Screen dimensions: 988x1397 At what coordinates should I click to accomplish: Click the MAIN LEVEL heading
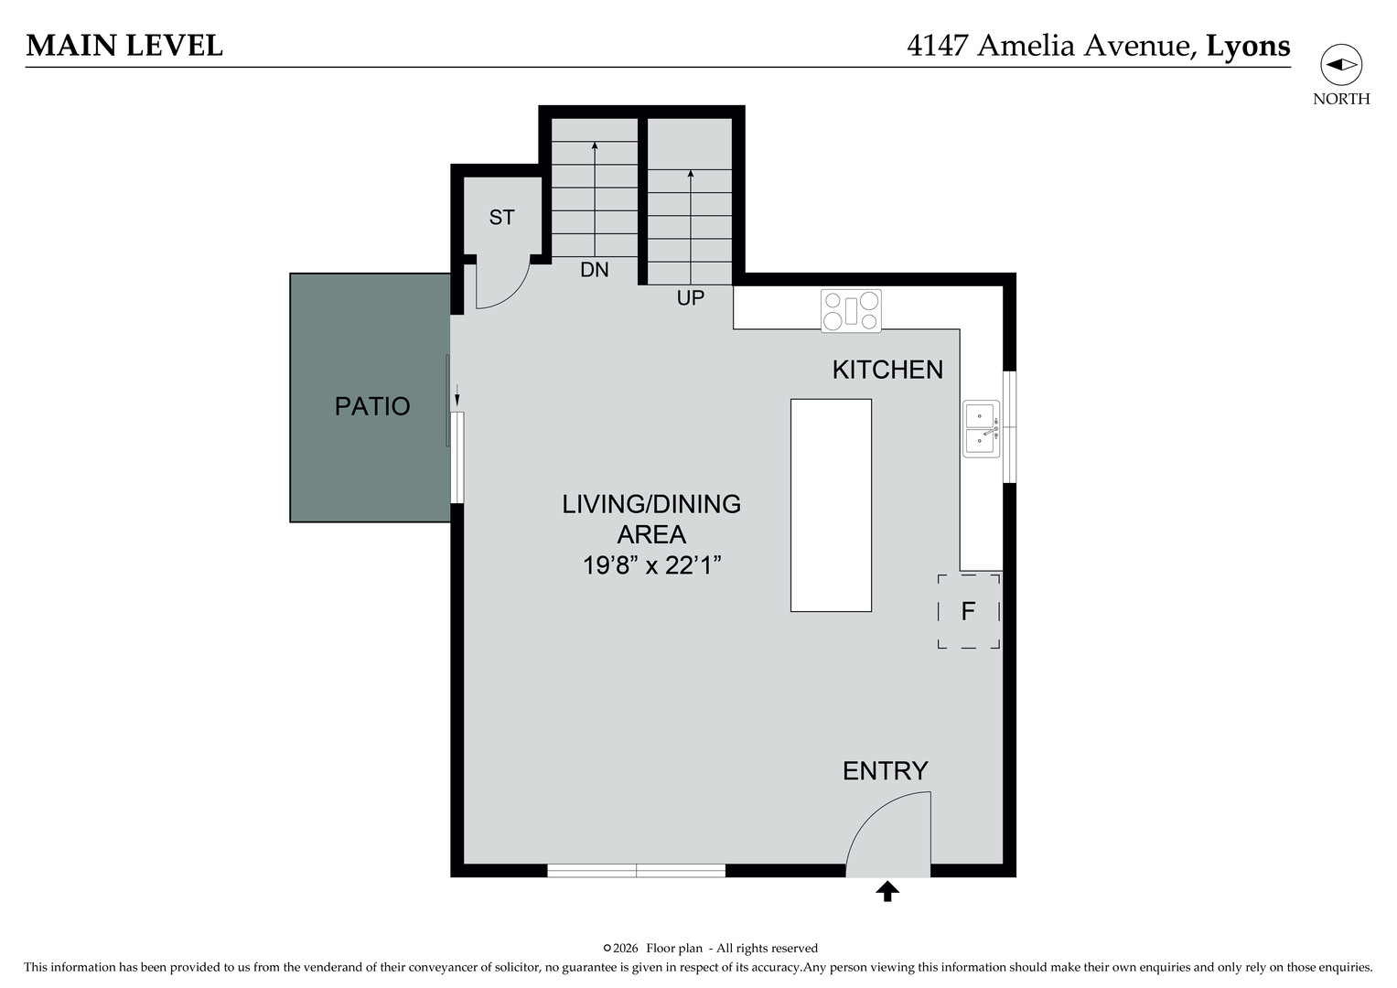coord(124,46)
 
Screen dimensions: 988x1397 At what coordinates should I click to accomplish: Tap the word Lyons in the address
coord(1248,46)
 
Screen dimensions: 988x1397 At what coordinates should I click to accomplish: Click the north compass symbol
coord(1340,65)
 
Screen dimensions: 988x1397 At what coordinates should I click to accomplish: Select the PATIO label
coord(371,406)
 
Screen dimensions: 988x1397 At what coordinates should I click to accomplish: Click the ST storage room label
coord(501,218)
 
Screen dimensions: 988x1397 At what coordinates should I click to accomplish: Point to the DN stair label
coord(595,270)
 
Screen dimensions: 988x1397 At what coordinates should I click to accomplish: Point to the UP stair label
coord(690,298)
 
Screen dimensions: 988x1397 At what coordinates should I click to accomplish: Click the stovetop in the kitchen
coord(851,311)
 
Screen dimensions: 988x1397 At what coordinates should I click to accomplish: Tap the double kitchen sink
coord(982,428)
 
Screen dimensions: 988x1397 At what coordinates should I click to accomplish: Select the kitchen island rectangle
coord(831,505)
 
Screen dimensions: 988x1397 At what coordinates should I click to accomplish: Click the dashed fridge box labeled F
coord(968,611)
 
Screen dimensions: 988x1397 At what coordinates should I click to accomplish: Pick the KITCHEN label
coord(887,370)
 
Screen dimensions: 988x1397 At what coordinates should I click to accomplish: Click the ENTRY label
coord(885,771)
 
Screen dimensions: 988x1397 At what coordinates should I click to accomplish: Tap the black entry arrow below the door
coord(887,891)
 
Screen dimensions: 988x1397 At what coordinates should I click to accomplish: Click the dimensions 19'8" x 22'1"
coord(651,565)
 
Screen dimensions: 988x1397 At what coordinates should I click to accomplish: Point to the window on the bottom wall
coord(636,870)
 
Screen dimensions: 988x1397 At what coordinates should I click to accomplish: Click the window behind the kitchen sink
coord(1009,426)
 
